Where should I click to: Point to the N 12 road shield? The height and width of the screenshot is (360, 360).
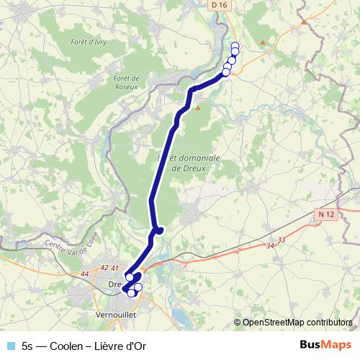[x=325, y=214]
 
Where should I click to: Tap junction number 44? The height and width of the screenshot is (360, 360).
[x=85, y=274]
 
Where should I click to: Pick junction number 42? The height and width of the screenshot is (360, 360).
[x=104, y=268]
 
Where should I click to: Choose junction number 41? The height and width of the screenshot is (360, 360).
[x=115, y=268]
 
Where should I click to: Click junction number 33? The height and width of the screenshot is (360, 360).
[x=281, y=240]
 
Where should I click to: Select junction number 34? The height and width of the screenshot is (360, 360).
[x=270, y=246]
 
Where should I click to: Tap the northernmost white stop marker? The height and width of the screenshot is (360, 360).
[x=235, y=46]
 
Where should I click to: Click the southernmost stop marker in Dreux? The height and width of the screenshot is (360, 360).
[x=132, y=293]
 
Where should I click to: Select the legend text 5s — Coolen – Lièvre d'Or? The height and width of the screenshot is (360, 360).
[x=84, y=346]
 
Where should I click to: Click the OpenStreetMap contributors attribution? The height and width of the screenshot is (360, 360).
[x=297, y=322]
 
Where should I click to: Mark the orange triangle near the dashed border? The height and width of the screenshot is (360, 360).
[x=304, y=22]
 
